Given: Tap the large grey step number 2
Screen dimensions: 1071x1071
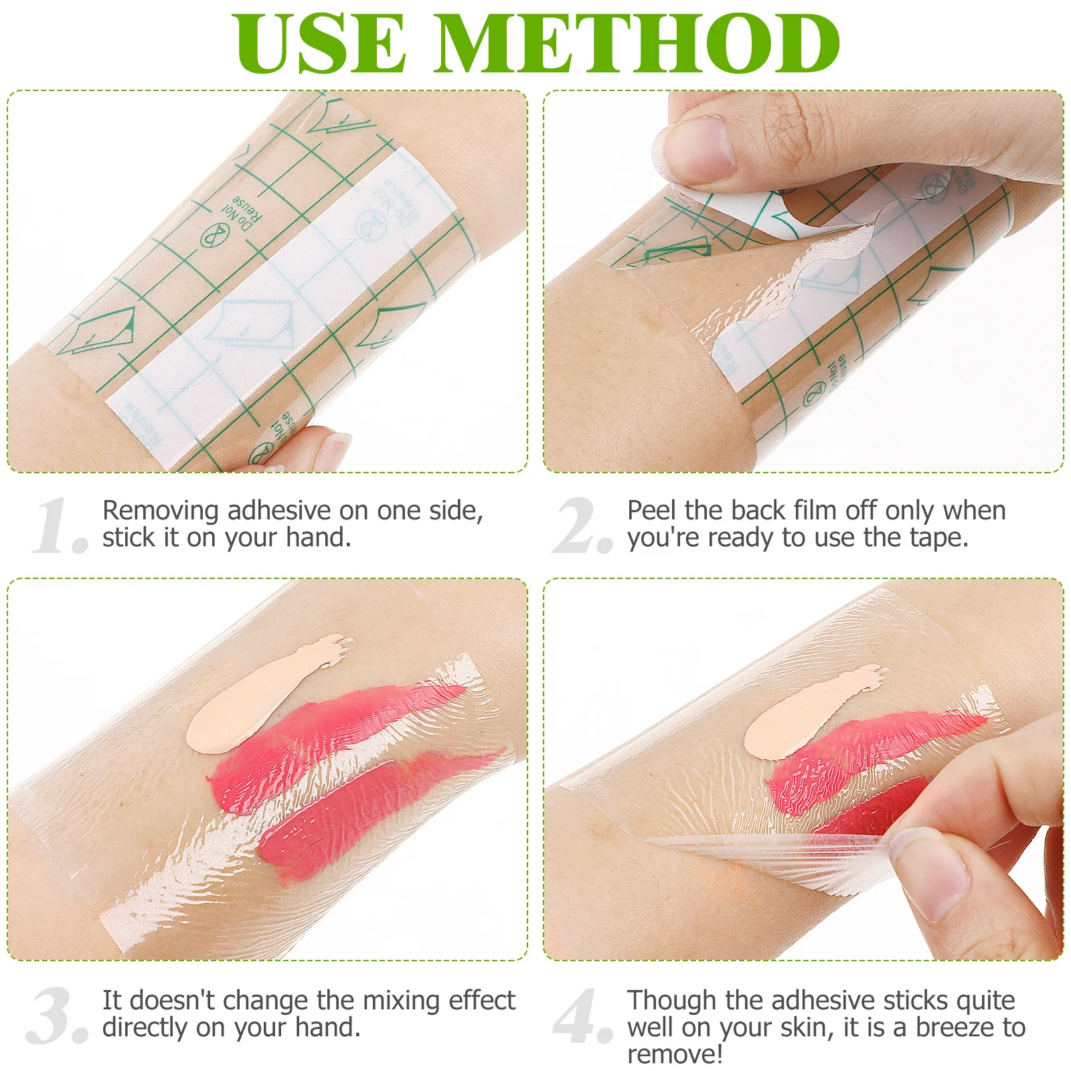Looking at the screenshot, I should point(581,527).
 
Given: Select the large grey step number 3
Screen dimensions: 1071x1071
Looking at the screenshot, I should point(56,1016).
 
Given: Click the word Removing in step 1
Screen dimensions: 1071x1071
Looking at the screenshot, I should point(161,511).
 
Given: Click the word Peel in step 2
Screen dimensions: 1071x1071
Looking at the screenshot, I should point(651,511).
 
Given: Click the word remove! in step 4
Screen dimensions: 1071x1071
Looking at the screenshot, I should point(675,1054).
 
